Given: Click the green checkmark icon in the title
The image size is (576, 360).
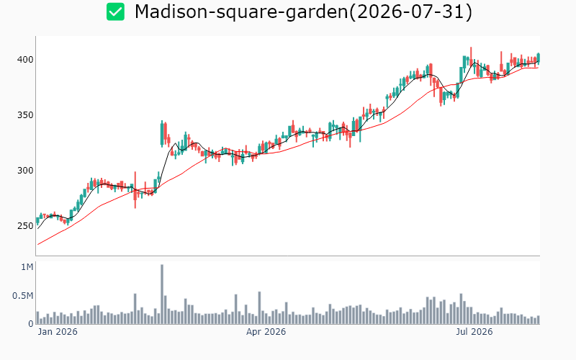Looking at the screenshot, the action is click(115, 12).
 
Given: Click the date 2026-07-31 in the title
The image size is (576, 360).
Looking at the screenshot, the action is click(410, 12).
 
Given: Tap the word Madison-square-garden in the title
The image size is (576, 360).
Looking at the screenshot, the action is click(241, 12).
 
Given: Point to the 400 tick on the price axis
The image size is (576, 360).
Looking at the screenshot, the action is click(25, 60).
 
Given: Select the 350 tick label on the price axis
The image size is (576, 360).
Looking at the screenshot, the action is click(25, 115).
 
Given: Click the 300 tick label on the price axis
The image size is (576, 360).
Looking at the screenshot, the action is click(25, 171).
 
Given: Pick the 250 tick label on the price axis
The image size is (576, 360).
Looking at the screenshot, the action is click(25, 226).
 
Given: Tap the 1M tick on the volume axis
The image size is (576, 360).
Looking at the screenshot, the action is click(27, 267).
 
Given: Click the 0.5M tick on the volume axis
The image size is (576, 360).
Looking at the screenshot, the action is click(23, 296).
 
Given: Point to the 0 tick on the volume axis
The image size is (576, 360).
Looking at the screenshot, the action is click(31, 324).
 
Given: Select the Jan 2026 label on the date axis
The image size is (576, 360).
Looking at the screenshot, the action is click(58, 332).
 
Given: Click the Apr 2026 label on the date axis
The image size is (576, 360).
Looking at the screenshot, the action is click(266, 332).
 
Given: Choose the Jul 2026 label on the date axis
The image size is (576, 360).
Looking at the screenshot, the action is click(474, 332).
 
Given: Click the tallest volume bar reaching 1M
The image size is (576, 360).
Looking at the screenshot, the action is click(162, 294).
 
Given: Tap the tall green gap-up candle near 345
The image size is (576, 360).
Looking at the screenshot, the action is click(162, 134).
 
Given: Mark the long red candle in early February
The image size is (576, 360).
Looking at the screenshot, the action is click(135, 190).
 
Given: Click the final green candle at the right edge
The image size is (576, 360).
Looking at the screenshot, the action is click(539, 58).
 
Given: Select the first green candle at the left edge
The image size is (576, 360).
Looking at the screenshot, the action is click(37, 220).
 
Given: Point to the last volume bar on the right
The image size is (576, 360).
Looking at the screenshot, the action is click(539, 320).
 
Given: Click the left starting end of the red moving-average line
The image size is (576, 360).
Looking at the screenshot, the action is click(38, 245).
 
